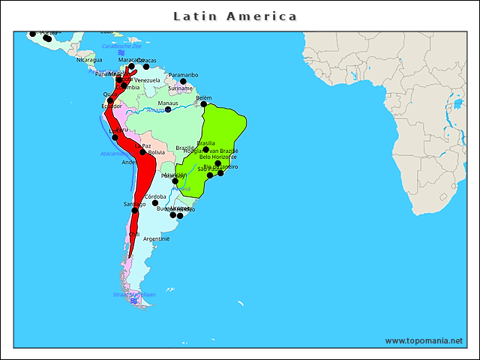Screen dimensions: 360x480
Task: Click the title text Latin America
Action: [235, 16]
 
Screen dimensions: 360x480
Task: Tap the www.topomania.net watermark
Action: [424, 340]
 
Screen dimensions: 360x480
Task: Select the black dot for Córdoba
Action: [155, 203]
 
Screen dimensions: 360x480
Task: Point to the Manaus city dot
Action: [168, 109]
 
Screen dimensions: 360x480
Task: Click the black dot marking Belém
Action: [204, 104]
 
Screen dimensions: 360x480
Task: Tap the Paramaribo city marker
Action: [183, 82]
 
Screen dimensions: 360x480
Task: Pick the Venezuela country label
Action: [147, 80]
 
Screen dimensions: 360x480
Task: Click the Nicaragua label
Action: [88, 60]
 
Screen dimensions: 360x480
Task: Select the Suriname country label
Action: [181, 88]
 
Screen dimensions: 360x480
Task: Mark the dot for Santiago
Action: [135, 210]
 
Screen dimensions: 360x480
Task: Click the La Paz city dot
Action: [142, 152]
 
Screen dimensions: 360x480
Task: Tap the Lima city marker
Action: [115, 137]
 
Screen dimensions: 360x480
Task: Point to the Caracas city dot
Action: [146, 67]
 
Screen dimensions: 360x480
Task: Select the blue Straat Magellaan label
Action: [134, 295]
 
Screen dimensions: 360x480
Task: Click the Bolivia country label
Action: [156, 152]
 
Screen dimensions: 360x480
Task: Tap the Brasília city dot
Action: [206, 149]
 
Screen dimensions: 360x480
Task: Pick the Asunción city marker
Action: [175, 181]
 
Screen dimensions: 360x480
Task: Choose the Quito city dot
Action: [110, 100]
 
